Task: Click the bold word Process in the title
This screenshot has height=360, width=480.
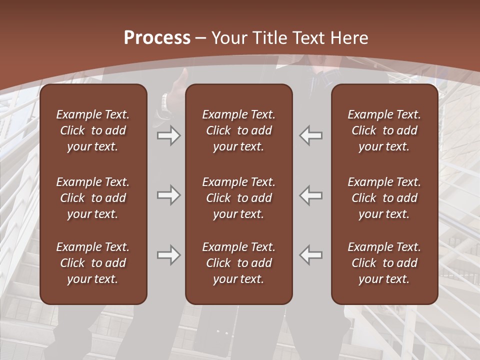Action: click(157, 38)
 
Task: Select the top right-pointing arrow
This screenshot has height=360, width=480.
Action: click(168, 135)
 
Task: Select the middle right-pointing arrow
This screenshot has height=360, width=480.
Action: click(168, 195)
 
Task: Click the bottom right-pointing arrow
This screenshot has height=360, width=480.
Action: click(168, 255)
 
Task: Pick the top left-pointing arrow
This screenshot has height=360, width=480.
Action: click(311, 135)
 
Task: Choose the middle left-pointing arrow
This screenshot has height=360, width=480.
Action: click(311, 195)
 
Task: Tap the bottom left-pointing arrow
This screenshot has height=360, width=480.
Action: click(311, 255)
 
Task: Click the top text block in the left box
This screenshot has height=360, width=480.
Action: click(93, 130)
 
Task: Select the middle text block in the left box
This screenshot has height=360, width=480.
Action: click(93, 198)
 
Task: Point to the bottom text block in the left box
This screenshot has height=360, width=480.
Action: click(93, 263)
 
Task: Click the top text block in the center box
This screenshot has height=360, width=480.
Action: click(238, 130)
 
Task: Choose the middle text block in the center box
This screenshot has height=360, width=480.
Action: click(238, 198)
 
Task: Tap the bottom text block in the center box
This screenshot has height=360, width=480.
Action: click(238, 263)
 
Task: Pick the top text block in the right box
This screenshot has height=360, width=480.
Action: click(384, 130)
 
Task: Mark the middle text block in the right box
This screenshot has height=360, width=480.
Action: click(384, 198)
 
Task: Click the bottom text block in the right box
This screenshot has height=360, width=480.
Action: click(384, 263)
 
